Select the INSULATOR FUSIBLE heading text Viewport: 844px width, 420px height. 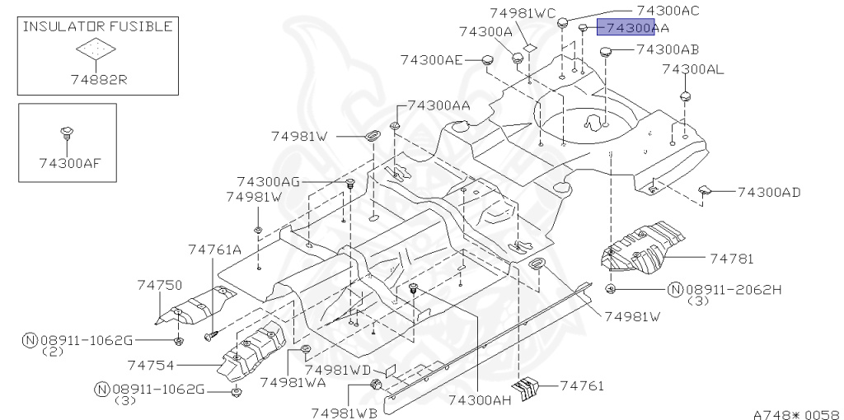click(97, 26)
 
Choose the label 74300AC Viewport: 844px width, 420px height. click(668, 10)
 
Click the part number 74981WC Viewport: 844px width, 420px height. click(523, 13)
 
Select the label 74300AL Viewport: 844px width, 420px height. click(693, 70)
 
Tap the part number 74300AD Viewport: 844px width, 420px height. click(768, 193)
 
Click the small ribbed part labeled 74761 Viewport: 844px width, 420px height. click(524, 385)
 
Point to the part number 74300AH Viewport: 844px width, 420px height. click(481, 400)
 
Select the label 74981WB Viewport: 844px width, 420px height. click(345, 411)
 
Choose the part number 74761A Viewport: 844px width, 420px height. click(214, 250)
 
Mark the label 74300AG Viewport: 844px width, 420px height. click(268, 181)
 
